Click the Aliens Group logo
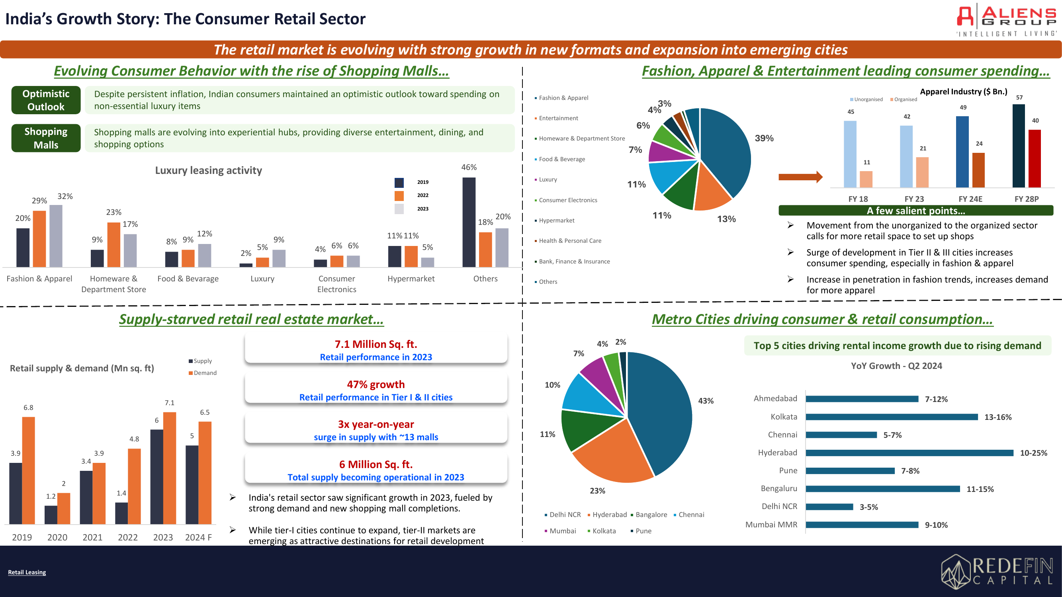click(x=1006, y=21)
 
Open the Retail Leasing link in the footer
click(x=27, y=572)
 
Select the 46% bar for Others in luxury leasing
click(x=469, y=222)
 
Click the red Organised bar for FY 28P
click(x=1035, y=159)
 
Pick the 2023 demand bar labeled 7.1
click(x=170, y=468)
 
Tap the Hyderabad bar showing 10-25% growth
click(x=909, y=453)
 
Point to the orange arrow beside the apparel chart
click(x=800, y=177)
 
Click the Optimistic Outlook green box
click(x=46, y=100)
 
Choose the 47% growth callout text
click(x=376, y=384)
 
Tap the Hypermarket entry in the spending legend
click(x=556, y=220)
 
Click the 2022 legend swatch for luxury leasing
click(x=399, y=196)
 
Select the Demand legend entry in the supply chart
click(x=202, y=373)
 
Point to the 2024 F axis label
click(x=198, y=537)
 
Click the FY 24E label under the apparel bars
click(x=970, y=199)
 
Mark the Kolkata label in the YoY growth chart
click(x=784, y=417)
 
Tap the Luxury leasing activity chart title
click(x=209, y=171)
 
